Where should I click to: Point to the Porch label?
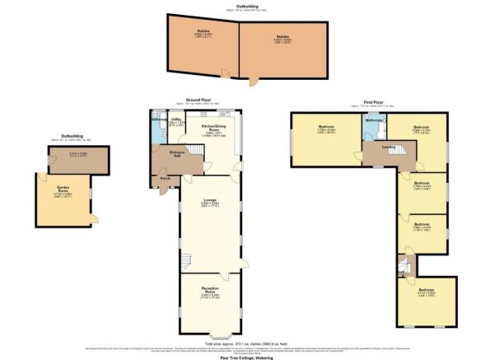pyautogui.click(x=165, y=178)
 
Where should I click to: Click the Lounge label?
pyautogui.click(x=209, y=200)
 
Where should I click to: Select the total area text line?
pyautogui.click(x=247, y=342)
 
